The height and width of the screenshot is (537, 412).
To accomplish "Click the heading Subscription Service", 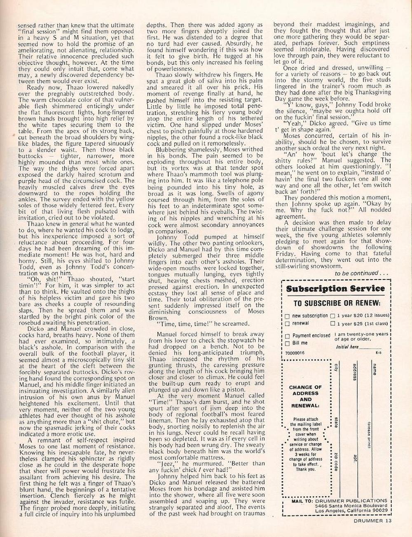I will (335, 288).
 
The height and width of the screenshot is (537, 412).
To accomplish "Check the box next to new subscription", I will (287, 316).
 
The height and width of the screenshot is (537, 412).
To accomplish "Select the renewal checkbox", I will (287, 324).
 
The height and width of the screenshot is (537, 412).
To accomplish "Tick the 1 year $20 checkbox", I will (332, 316).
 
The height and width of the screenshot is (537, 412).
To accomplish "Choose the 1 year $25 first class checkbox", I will (332, 324).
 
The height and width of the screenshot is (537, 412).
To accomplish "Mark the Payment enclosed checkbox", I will (287, 336).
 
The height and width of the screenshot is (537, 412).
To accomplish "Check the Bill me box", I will (287, 343).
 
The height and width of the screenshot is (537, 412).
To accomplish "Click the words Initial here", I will (347, 347).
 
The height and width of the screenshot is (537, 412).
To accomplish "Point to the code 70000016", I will (294, 353).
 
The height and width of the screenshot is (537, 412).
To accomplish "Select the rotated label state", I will (336, 422).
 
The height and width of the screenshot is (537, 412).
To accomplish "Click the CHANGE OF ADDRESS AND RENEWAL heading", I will (305, 396).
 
